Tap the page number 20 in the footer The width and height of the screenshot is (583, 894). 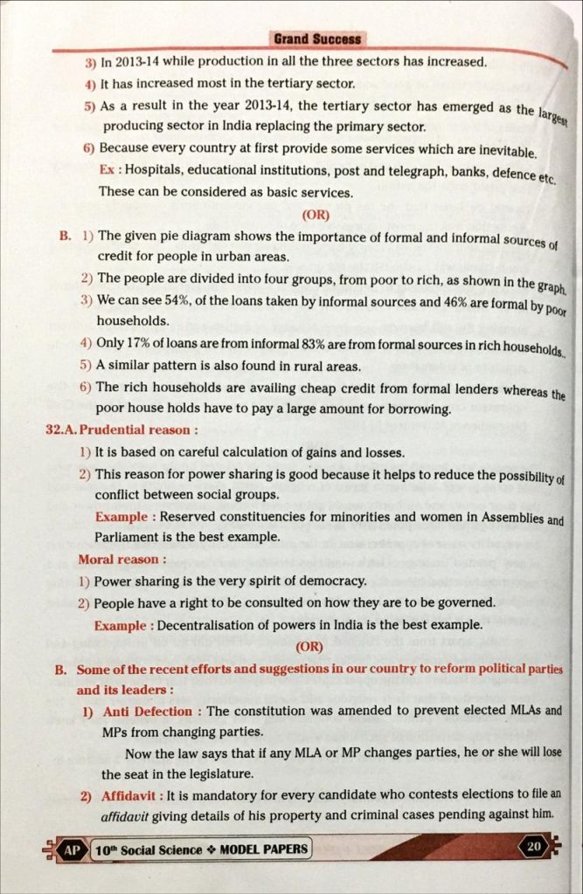[x=532, y=845]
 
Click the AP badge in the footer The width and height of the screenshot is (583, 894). [x=72, y=849]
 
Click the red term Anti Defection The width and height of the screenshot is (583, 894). [x=149, y=711]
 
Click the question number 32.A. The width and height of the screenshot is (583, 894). [x=61, y=430]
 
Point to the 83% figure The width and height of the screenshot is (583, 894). [x=264, y=344]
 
